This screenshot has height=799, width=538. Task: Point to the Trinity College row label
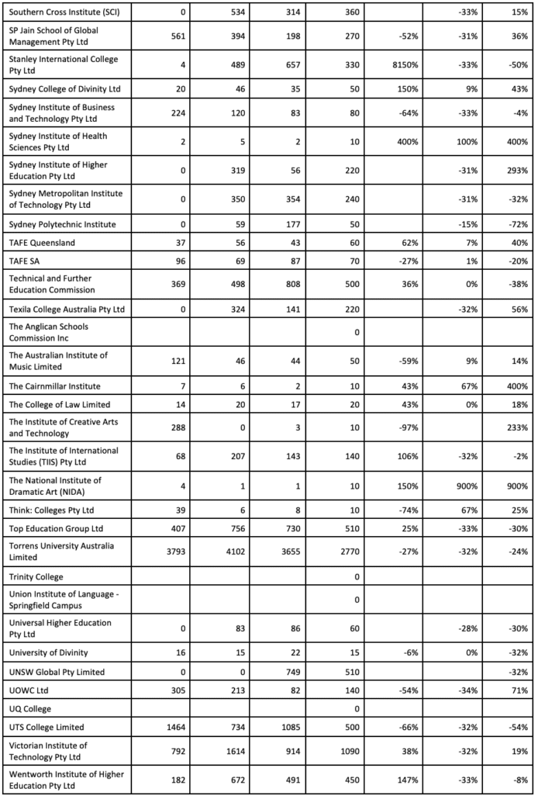point(36,576)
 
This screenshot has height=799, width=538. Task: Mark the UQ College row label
point(31,708)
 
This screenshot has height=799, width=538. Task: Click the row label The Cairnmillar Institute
point(54,386)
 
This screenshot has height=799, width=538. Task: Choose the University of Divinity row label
point(44,652)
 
